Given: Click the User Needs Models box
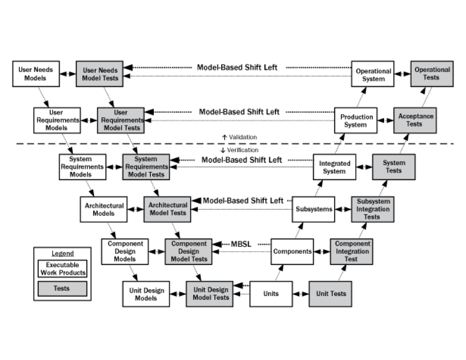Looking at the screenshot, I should [x=36, y=74].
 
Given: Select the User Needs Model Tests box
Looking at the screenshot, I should [x=99, y=74].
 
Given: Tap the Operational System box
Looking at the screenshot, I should [x=372, y=74].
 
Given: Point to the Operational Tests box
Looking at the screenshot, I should [x=432, y=74].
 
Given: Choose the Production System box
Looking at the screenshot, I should [x=355, y=121].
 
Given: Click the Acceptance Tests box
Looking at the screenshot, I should [x=415, y=120].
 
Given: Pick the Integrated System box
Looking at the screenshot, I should [x=334, y=167].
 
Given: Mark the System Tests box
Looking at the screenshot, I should [x=393, y=167].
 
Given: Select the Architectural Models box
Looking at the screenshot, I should [x=104, y=209].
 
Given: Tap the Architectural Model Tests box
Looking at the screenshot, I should [x=167, y=209].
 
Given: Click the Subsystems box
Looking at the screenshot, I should [x=313, y=209].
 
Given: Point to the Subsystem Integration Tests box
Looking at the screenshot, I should [x=372, y=209].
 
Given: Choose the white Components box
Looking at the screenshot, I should [x=292, y=251].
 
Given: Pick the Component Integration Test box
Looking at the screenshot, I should [x=351, y=251].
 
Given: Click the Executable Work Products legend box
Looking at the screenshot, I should [x=63, y=268].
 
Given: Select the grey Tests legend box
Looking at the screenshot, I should [x=63, y=289].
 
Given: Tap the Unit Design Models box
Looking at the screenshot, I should [x=146, y=294].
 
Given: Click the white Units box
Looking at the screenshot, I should [x=271, y=294].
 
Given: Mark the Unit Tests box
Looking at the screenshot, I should [x=330, y=294].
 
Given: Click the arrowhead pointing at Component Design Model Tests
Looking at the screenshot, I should [x=161, y=251].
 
